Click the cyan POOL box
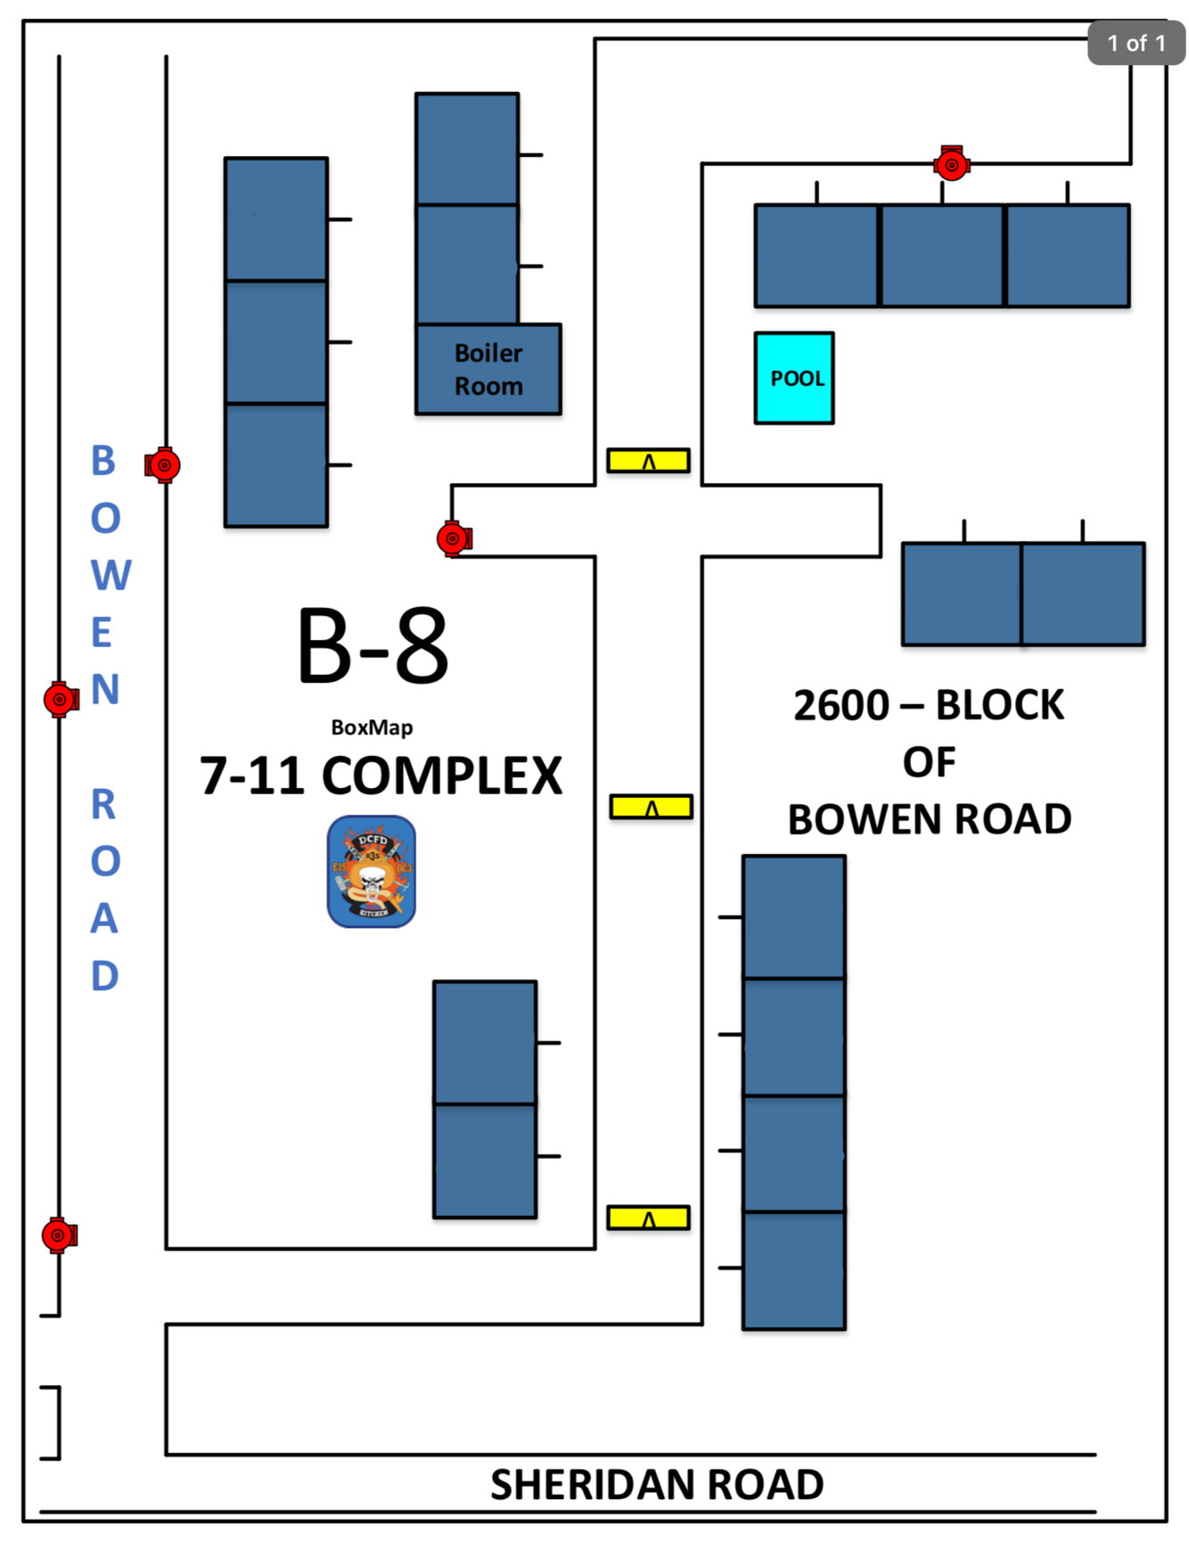point(794,378)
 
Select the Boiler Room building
point(488,369)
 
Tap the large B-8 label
point(373,646)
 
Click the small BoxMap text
point(372,727)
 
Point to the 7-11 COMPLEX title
point(381,775)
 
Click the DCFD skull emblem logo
point(372,872)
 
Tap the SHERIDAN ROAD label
point(657,1485)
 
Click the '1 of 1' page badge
point(1136,43)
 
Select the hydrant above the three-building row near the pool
point(952,164)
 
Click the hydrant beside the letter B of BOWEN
point(163,464)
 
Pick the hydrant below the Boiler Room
point(454,538)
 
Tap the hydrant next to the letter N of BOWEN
point(61,700)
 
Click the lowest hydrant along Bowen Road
point(59,1235)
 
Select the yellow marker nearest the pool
point(648,461)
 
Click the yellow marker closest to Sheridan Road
point(648,1218)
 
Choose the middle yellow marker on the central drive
point(651,808)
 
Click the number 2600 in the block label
point(840,706)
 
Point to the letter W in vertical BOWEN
point(111,576)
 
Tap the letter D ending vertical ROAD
point(105,976)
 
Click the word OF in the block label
point(929,763)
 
